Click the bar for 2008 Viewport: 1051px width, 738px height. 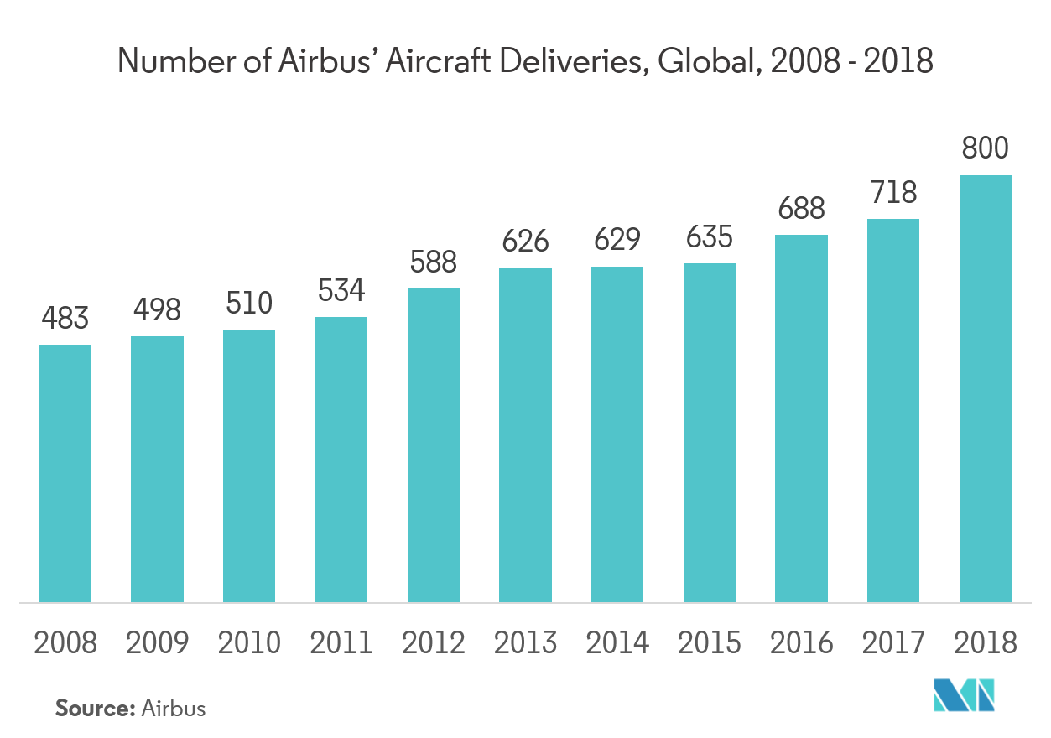pos(65,473)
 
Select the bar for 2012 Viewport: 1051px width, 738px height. pos(434,445)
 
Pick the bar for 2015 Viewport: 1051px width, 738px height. pos(710,433)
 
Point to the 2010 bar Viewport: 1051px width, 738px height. pos(249,466)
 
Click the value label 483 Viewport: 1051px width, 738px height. pos(65,319)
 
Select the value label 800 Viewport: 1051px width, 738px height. pos(985,149)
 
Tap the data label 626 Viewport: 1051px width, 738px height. pos(525,242)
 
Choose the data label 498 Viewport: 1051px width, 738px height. pos(157,310)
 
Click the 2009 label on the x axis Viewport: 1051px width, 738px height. pos(157,643)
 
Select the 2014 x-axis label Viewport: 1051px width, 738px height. pos(617,643)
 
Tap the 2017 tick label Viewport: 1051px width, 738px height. pos(893,643)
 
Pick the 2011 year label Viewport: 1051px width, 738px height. pos(341,643)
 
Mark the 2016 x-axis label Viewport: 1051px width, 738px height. pos(801,643)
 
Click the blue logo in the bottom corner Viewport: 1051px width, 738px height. pos(965,696)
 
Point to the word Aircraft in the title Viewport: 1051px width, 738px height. pos(459,61)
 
